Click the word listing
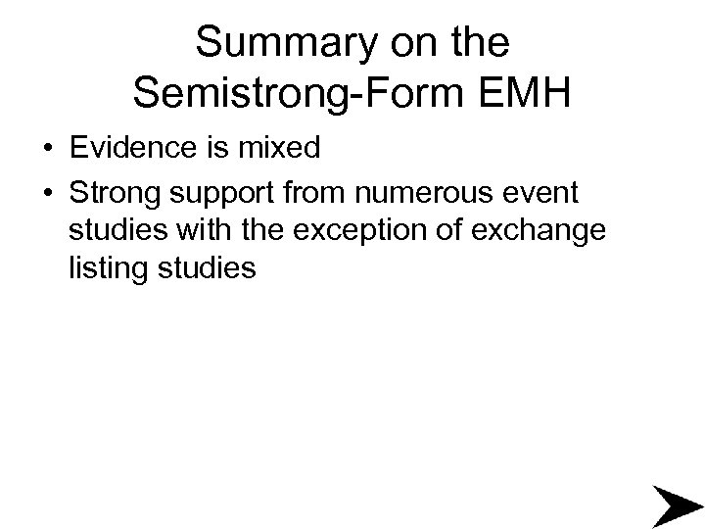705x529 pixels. (104, 267)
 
